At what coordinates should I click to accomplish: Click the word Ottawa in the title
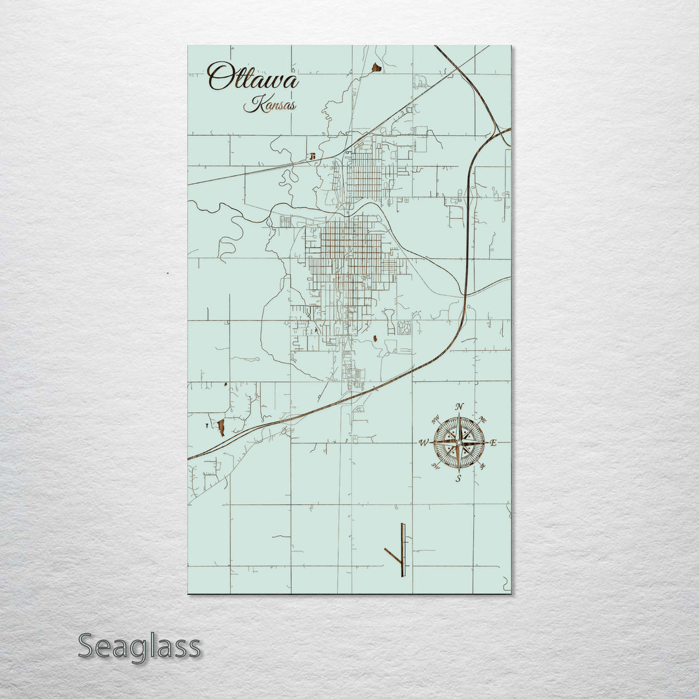pyautogui.click(x=252, y=78)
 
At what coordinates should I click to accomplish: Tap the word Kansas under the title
pyautogui.click(x=269, y=104)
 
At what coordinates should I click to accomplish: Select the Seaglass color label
pyautogui.click(x=139, y=647)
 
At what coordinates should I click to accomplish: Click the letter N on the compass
pyautogui.click(x=459, y=406)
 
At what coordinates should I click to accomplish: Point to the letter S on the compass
pyautogui.click(x=458, y=479)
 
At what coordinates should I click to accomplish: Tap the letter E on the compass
pyautogui.click(x=493, y=443)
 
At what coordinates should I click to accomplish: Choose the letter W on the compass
pyautogui.click(x=423, y=443)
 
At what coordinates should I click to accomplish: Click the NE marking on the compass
pyautogui.click(x=482, y=419)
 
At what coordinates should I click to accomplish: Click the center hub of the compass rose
pyautogui.click(x=459, y=443)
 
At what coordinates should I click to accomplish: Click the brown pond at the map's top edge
pyautogui.click(x=376, y=67)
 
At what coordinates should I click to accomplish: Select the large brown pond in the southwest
pyautogui.click(x=221, y=427)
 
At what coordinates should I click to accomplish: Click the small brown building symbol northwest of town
pyautogui.click(x=313, y=156)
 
